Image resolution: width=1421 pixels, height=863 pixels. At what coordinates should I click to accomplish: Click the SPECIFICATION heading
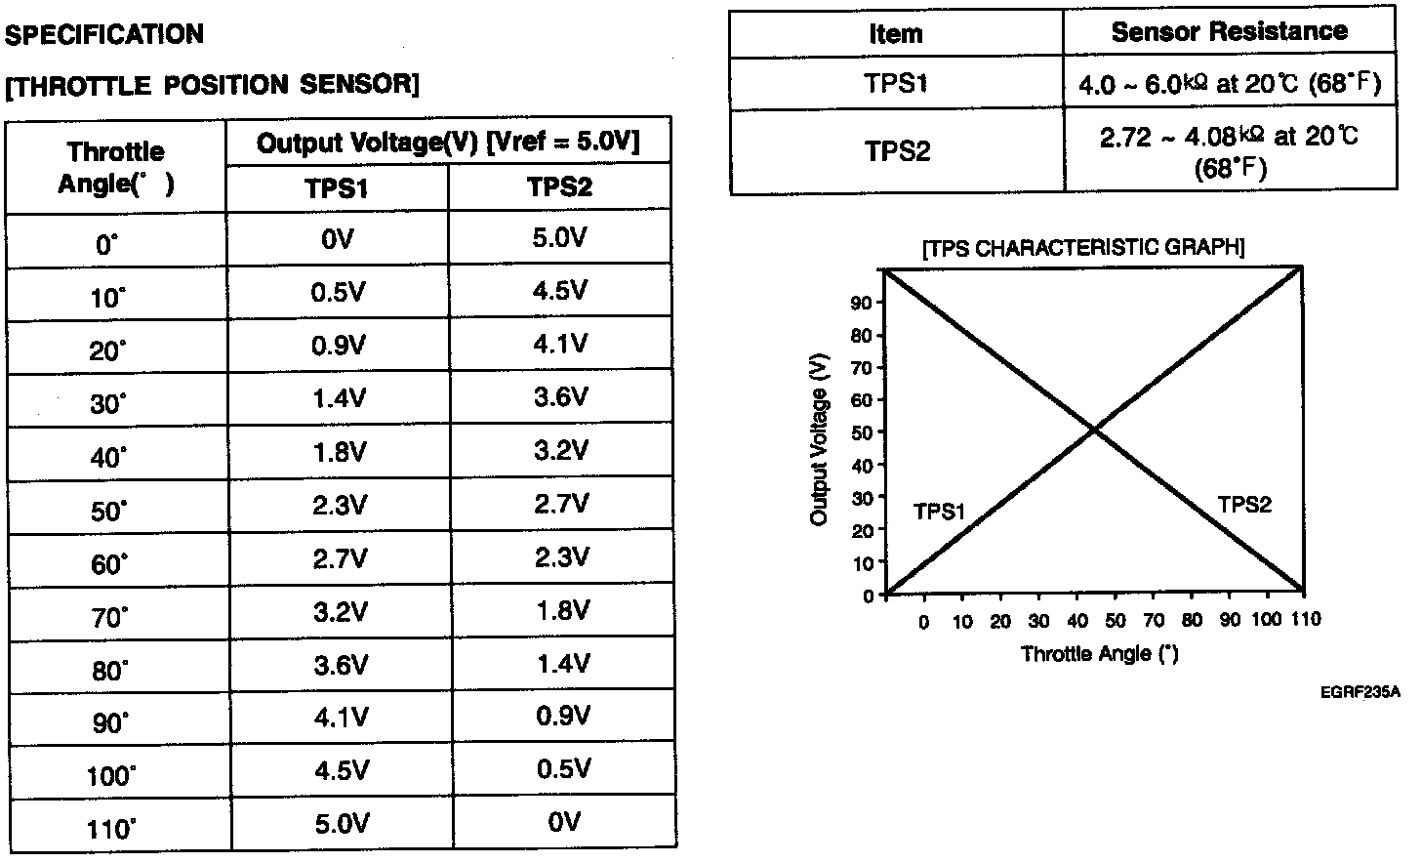pos(104,35)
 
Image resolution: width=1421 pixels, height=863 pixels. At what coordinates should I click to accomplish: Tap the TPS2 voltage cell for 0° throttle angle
pos(559,238)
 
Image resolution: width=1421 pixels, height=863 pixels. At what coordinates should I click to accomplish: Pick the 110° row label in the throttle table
pos(110,830)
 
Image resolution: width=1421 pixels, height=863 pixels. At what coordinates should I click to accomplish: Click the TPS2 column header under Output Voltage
pos(559,187)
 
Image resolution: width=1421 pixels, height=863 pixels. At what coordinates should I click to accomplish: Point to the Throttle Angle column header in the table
pos(116,167)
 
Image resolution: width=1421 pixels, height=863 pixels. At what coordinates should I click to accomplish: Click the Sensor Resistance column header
pos(1229,32)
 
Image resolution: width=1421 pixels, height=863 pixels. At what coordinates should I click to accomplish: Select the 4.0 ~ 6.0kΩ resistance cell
pos(1229,84)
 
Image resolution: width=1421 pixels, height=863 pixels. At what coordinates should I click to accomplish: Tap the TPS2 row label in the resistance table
pos(896,151)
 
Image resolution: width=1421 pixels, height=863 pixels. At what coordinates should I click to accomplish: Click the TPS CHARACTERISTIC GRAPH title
pos(1083,247)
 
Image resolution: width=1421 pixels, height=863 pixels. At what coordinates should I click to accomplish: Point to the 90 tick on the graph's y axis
pos(862,303)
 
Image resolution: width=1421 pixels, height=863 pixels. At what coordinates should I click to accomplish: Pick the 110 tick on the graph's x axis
pos(1305,619)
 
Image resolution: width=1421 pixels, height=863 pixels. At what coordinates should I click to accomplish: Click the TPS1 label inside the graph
pos(939,512)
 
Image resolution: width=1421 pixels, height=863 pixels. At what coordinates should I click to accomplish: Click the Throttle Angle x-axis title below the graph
pos(1099,653)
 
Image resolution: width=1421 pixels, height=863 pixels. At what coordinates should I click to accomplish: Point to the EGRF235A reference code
pos(1360,692)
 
